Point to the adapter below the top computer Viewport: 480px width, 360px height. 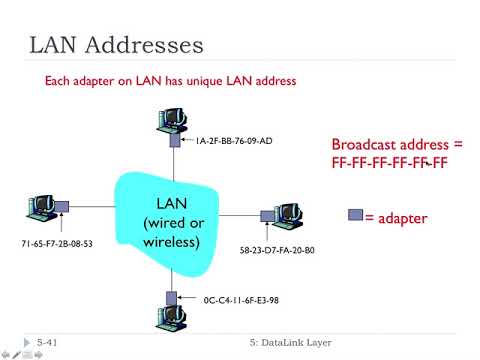(x=174, y=141)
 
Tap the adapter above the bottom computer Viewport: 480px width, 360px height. (x=173, y=298)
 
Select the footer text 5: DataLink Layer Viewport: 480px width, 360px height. (x=291, y=343)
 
